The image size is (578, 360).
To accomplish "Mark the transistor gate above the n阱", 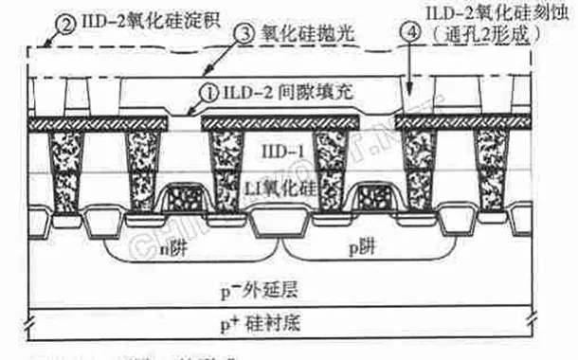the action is [185, 201].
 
